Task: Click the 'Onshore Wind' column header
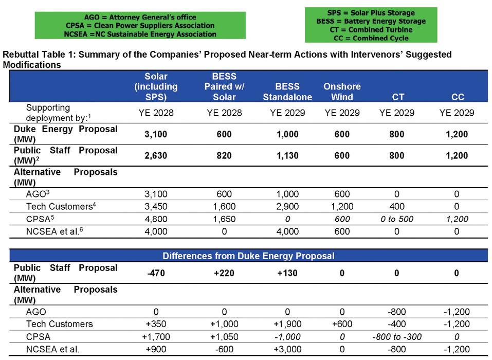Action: (342, 92)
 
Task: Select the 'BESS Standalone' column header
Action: (287, 92)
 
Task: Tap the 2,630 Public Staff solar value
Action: (156, 155)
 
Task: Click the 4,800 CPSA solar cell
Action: (156, 219)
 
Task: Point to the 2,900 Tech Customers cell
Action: (287, 207)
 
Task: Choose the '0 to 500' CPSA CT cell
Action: (396, 219)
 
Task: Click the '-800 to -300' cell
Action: (396, 336)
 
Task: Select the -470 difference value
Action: (156, 273)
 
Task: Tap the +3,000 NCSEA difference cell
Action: (287, 349)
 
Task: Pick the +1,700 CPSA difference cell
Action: (156, 336)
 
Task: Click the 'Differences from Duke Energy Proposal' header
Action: (248, 256)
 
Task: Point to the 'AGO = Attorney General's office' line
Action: (140, 17)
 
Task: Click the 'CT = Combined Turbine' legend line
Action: (371, 30)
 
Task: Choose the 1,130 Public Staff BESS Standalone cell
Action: (287, 155)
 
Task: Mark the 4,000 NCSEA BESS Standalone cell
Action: (287, 231)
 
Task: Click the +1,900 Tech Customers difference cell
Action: (287, 324)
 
